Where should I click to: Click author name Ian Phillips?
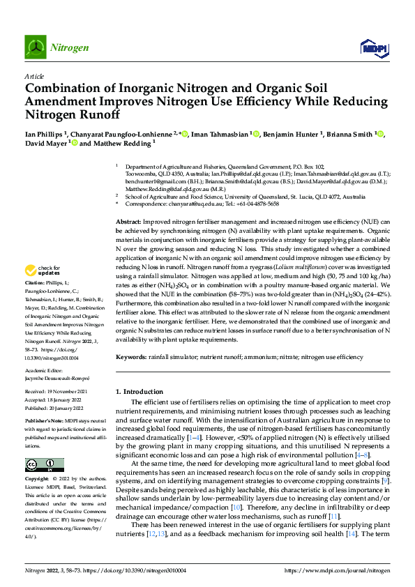pos(44,134)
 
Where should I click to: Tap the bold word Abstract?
pos(130,222)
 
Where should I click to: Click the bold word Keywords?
pos(130,356)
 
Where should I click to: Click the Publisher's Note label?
pos(46,422)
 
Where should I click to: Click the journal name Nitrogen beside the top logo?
pos(70,47)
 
